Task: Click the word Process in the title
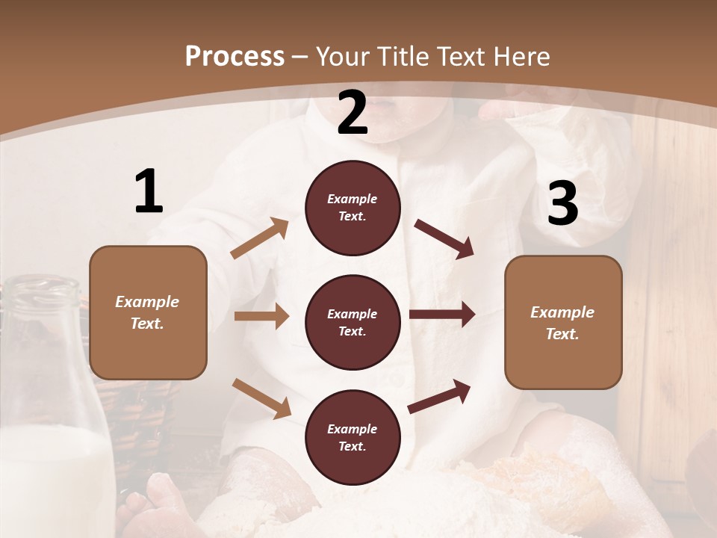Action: [235, 56]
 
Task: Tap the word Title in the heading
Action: [402, 56]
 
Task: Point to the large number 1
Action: [148, 191]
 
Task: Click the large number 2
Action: [353, 112]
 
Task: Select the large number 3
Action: [562, 203]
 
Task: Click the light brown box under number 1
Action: [148, 312]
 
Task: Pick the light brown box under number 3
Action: [563, 322]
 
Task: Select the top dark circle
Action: [353, 208]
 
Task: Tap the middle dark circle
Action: [353, 322]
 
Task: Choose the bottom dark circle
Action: [353, 437]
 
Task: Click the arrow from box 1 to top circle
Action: [260, 238]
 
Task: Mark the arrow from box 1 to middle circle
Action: [261, 316]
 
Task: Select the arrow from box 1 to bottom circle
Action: [261, 398]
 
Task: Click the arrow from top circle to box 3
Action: [444, 238]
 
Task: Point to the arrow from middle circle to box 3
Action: [442, 315]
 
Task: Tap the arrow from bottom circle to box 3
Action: [439, 396]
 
